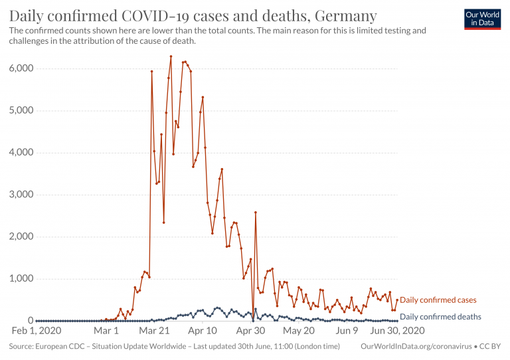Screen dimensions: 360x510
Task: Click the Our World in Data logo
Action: tap(482, 19)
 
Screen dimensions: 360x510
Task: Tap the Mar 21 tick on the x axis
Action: tap(154, 330)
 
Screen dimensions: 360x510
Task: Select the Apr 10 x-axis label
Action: tap(203, 330)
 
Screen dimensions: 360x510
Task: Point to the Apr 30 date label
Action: tap(251, 330)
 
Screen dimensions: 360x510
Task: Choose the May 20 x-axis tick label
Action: tap(299, 330)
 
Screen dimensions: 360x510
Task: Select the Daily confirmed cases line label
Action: tap(438, 300)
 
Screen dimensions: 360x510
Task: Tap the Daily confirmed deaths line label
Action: tap(441, 317)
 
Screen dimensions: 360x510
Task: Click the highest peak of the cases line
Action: tap(171, 56)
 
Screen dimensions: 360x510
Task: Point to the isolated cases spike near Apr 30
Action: tap(255, 213)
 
